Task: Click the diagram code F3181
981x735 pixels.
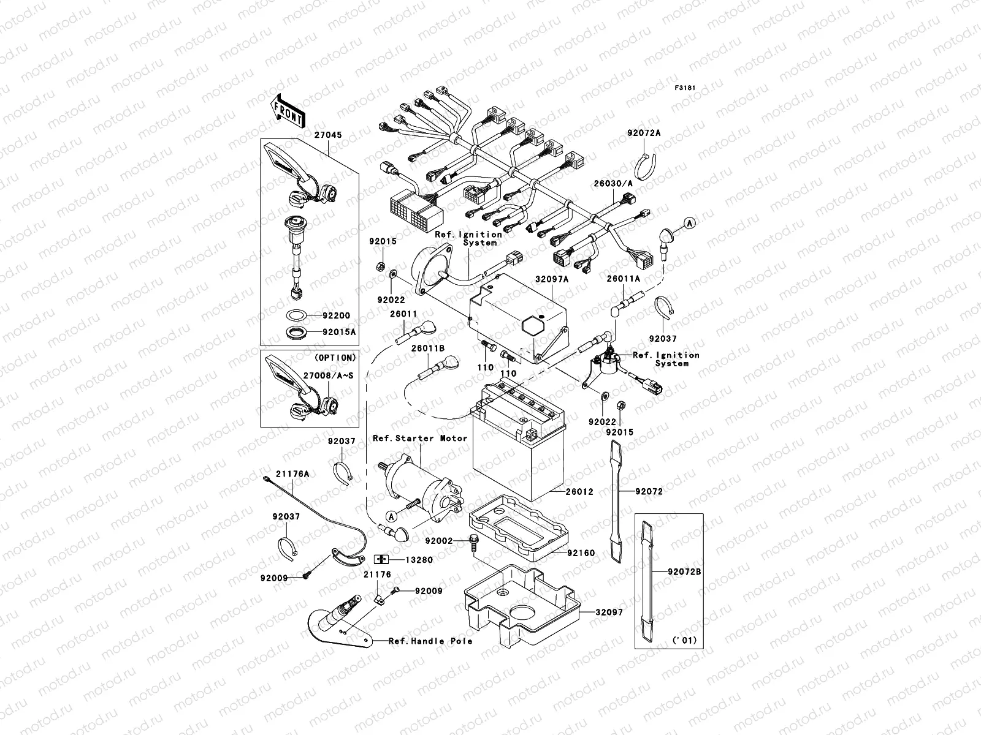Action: [685, 88]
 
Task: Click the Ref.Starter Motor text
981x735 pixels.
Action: [420, 439]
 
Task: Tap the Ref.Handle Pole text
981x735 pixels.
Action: [430, 641]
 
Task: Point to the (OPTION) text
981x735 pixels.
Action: [335, 357]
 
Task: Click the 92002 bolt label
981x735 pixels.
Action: [438, 541]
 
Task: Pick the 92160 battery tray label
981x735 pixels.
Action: [581, 553]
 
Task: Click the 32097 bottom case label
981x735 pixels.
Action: [609, 612]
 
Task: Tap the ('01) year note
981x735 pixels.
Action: [685, 641]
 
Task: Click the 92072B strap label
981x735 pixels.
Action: [685, 572]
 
